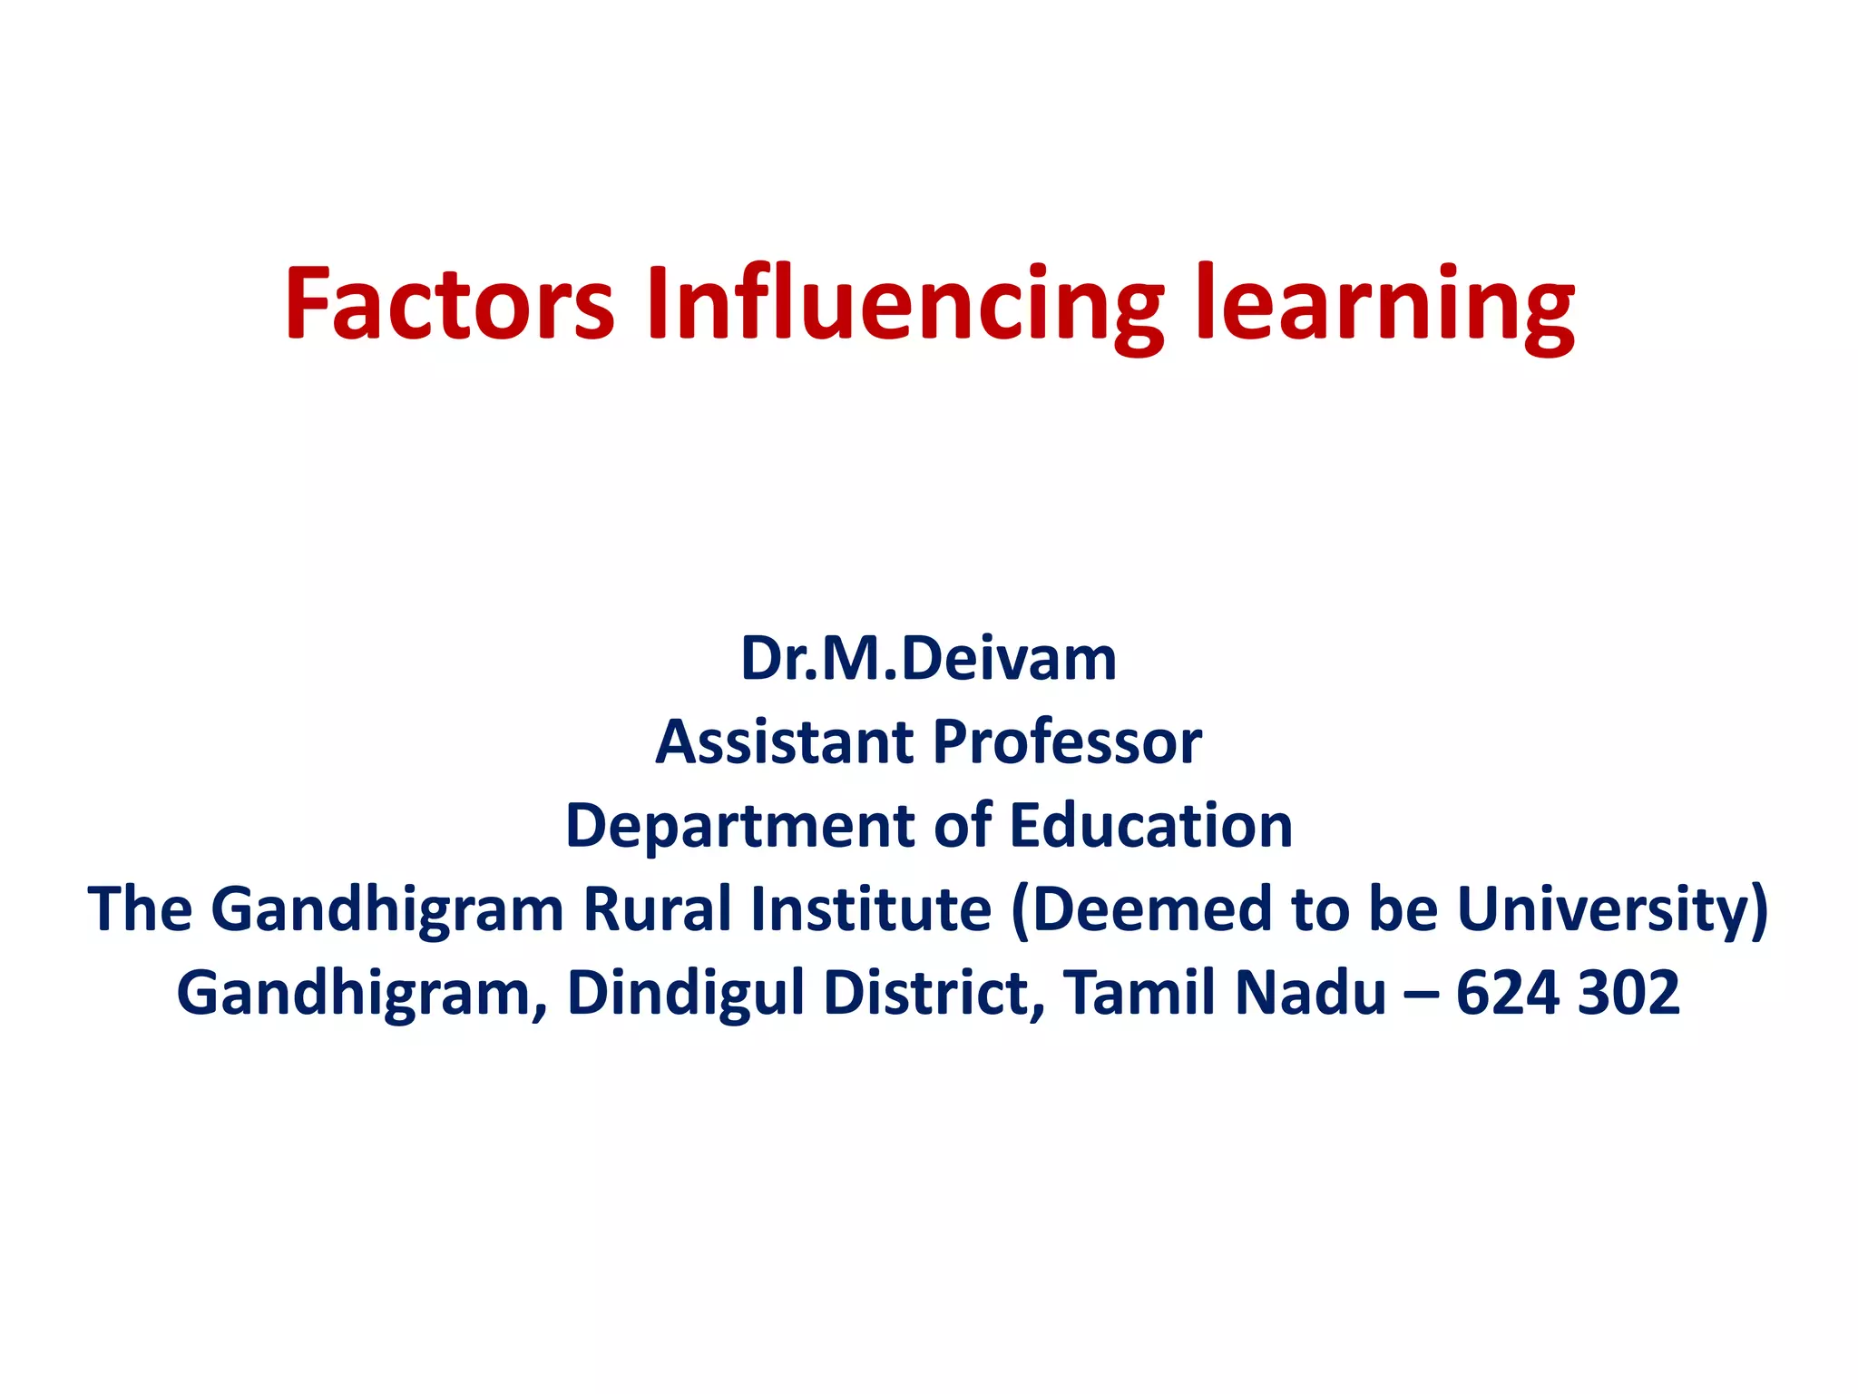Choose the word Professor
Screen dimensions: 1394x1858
pos(1067,741)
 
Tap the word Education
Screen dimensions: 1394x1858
pos(1151,825)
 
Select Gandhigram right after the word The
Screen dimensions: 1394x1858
pos(387,908)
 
